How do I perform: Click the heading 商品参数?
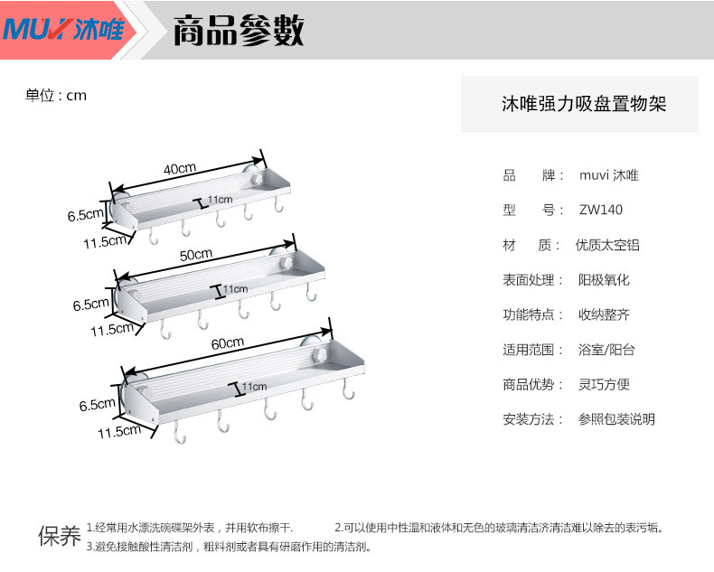(238, 31)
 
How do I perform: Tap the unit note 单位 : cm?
(56, 95)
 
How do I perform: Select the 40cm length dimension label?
(180, 169)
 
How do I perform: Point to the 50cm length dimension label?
(196, 255)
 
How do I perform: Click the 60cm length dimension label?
(228, 342)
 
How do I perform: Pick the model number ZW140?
(601, 211)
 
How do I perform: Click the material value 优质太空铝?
(607, 246)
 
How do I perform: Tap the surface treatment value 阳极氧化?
(604, 280)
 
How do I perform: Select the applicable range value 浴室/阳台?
(606, 350)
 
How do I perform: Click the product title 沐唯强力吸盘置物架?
(584, 105)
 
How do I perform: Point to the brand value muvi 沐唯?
(608, 176)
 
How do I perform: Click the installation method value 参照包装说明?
(616, 419)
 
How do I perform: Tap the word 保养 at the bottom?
(59, 536)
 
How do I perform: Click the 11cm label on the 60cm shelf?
(254, 387)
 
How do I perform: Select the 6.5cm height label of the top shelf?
(86, 215)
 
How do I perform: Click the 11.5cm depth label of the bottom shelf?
(119, 432)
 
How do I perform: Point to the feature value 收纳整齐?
(604, 315)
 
